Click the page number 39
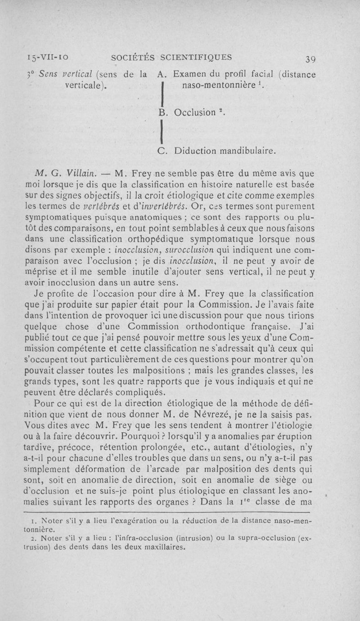(310, 59)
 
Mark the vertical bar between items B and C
(161, 134)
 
